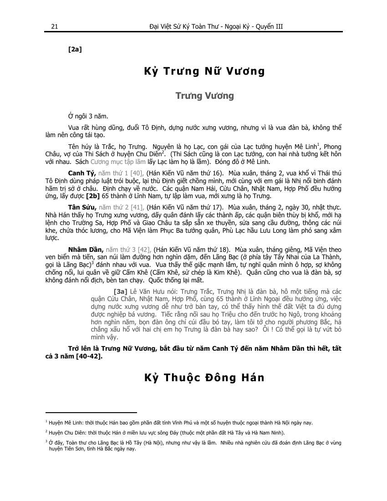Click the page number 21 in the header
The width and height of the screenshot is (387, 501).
click(x=54, y=26)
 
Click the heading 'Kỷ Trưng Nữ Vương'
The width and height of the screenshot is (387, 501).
click(x=204, y=71)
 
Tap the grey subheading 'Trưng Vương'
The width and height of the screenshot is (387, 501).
click(x=204, y=96)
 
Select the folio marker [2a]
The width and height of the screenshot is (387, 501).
click(x=75, y=49)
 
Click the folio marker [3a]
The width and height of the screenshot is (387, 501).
click(x=120, y=290)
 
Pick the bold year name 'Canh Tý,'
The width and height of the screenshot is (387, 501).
click(x=82, y=173)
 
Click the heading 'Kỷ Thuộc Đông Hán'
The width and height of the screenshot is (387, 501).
click(x=204, y=378)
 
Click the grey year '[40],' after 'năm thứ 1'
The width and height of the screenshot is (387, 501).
click(x=137, y=173)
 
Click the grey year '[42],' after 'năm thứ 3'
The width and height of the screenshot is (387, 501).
click(x=144, y=250)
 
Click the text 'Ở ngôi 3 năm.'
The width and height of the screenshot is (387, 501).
click(x=88, y=116)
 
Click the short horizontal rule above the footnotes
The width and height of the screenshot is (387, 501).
click(x=91, y=412)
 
